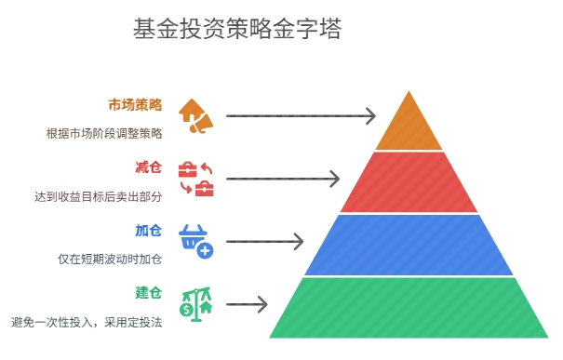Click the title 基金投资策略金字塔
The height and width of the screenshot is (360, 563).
click(237, 31)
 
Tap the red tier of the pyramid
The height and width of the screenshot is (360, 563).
click(409, 182)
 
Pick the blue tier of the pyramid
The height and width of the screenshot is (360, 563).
click(409, 245)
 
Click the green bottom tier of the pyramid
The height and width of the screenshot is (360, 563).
click(409, 308)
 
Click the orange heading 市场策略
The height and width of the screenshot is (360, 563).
click(135, 104)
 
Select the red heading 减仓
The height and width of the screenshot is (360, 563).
click(149, 167)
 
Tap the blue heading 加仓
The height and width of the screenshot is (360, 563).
click(149, 231)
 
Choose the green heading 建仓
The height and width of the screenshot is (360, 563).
click(149, 293)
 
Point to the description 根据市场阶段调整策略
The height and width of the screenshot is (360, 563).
click(104, 133)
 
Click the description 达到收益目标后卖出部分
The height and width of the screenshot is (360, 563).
click(98, 196)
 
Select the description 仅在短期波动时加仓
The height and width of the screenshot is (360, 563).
click(110, 260)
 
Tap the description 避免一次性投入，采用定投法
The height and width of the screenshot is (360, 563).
click(87, 323)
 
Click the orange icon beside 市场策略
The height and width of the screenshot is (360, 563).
click(195, 115)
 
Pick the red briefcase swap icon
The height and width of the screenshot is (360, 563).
click(195, 179)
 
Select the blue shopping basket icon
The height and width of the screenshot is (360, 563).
click(195, 241)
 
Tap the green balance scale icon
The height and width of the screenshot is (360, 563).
click(195, 304)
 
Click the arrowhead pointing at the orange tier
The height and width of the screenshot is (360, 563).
click(370, 116)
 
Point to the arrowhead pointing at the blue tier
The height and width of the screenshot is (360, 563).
click(298, 242)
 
